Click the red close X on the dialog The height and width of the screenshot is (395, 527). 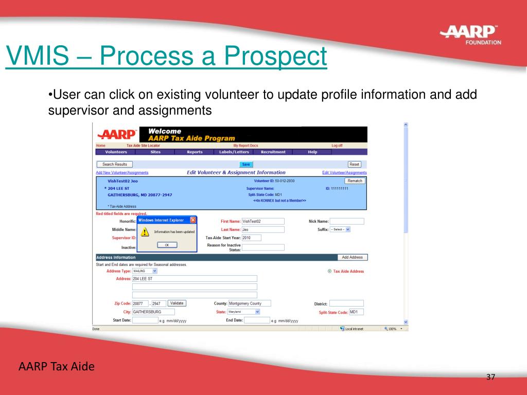pyautogui.click(x=193, y=220)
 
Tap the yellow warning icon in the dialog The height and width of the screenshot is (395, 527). pyautogui.click(x=145, y=232)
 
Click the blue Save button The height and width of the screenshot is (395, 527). pyautogui.click(x=246, y=165)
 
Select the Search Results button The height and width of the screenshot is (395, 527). pyautogui.click(x=114, y=165)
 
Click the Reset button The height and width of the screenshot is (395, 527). pyautogui.click(x=354, y=165)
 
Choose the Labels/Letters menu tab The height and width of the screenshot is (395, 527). pyautogui.click(x=234, y=152)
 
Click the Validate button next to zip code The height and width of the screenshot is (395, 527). pyautogui.click(x=177, y=303)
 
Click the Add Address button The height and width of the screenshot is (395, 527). pyautogui.click(x=352, y=257)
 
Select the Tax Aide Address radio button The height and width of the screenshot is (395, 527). pyautogui.click(x=329, y=271)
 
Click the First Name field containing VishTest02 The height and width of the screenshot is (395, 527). pyautogui.click(x=262, y=221)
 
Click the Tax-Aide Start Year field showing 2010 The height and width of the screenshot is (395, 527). pyautogui.click(x=252, y=238)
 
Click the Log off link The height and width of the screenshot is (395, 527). pyautogui.click(x=337, y=146)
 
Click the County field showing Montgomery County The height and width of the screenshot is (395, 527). pyautogui.click(x=249, y=303)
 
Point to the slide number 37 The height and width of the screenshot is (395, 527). pyautogui.click(x=490, y=378)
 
